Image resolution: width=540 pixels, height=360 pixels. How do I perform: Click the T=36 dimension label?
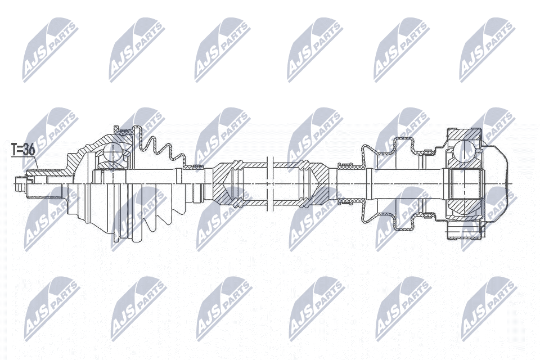point(23,150)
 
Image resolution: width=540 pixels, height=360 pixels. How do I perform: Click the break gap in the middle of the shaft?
point(269,183)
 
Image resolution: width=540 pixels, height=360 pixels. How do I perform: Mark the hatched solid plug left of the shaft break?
point(222,183)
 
